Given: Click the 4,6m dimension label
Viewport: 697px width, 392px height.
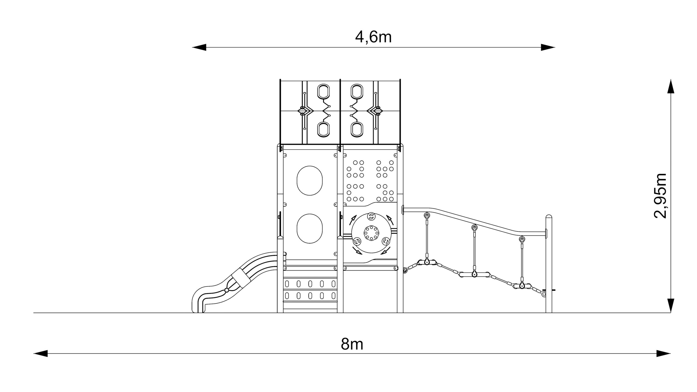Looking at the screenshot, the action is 373,37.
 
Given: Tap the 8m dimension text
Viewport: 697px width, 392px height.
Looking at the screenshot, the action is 352,344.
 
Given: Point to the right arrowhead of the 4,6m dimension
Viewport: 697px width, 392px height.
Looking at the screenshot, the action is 548,47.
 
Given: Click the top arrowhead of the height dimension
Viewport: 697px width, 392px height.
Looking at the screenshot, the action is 670,86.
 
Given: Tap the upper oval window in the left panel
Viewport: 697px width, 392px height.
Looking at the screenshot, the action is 310,180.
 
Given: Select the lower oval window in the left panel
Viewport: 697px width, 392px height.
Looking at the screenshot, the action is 310,229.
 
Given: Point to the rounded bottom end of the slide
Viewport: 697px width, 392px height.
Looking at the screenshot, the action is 198,304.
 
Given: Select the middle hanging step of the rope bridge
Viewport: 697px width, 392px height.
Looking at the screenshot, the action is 474,274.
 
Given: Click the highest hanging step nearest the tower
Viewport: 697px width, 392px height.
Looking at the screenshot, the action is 427,262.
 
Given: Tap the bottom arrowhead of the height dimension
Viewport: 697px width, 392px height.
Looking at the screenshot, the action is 670,306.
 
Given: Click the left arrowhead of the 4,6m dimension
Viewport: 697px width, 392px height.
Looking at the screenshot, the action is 199,47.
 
